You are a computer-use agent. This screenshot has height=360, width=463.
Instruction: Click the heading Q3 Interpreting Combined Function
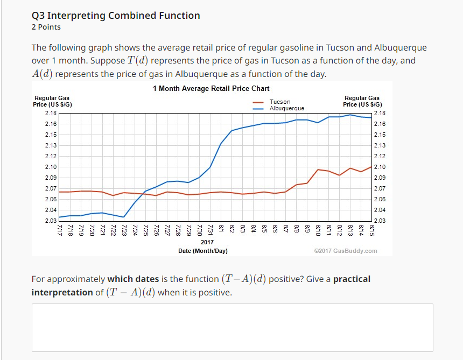pyautogui.click(x=116, y=16)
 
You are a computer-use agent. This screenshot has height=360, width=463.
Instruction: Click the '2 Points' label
pyautogui.click(x=46, y=27)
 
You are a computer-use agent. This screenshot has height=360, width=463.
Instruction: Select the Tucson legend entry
pyautogui.click(x=279, y=102)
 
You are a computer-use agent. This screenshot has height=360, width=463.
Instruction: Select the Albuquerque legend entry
pyautogui.click(x=286, y=108)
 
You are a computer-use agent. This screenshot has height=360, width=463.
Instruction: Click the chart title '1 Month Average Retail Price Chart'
pyautogui.click(x=211, y=88)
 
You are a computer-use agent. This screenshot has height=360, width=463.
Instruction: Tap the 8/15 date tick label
pyautogui.click(x=372, y=230)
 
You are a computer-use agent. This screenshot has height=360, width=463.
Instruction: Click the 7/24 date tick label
pyautogui.click(x=135, y=230)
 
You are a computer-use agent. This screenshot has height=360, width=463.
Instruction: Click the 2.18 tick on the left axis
pyautogui.click(x=50, y=114)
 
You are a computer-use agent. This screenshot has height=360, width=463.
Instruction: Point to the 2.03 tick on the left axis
pyautogui.click(x=50, y=221)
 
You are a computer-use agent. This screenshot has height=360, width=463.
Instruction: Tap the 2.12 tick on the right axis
pyautogui.click(x=379, y=156)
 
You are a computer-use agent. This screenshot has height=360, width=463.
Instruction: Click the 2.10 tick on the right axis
pyautogui.click(x=379, y=167)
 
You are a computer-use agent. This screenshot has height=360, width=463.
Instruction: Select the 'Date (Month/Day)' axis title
pyautogui.click(x=203, y=251)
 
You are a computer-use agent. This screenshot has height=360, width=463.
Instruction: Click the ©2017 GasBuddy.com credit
pyautogui.click(x=345, y=251)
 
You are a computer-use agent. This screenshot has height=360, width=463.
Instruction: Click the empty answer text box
pyautogui.click(x=232, y=327)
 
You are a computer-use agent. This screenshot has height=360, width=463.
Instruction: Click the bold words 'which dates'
pyautogui.click(x=133, y=279)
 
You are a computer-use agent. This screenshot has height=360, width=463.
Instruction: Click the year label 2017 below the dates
pyautogui.click(x=207, y=243)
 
